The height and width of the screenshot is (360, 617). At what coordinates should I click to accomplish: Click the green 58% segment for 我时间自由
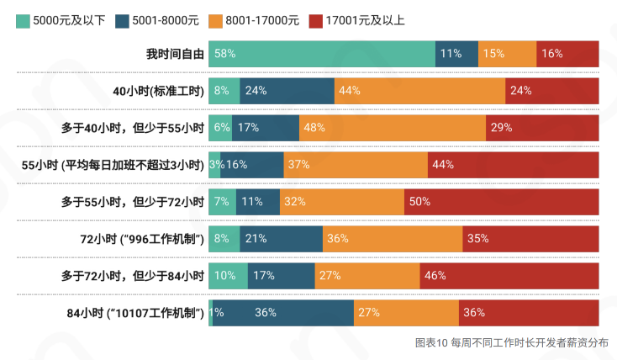[322, 54]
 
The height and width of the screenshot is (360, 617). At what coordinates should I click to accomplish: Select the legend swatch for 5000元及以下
[22, 20]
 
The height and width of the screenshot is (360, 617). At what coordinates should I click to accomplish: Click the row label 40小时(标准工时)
[159, 91]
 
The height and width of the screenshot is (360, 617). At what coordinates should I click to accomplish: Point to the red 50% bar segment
[501, 202]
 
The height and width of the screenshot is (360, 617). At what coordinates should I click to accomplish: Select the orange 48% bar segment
[393, 128]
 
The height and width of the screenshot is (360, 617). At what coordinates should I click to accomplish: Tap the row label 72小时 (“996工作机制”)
[143, 239]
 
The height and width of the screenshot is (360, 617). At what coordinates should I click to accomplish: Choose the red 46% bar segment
[509, 276]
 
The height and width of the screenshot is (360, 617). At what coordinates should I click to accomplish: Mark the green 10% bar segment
[228, 276]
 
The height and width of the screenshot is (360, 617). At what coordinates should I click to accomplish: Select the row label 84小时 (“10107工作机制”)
[136, 313]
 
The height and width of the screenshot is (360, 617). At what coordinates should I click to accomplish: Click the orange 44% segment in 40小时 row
[419, 91]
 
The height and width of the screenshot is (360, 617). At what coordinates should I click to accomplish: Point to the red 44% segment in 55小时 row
[513, 165]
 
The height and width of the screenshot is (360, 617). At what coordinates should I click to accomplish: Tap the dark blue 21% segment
[281, 239]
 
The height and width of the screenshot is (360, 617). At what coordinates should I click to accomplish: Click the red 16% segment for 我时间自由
[567, 54]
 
